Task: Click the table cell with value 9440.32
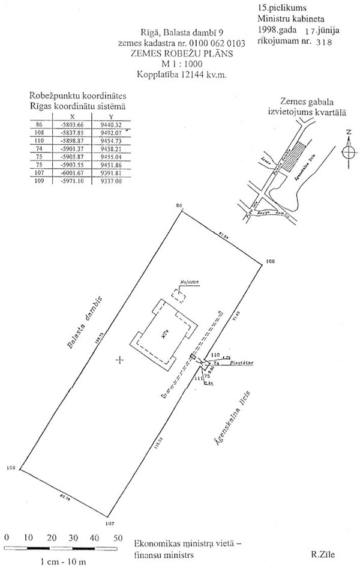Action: pos(112,124)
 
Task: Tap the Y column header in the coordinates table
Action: pos(110,117)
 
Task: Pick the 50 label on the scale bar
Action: pos(118,538)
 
